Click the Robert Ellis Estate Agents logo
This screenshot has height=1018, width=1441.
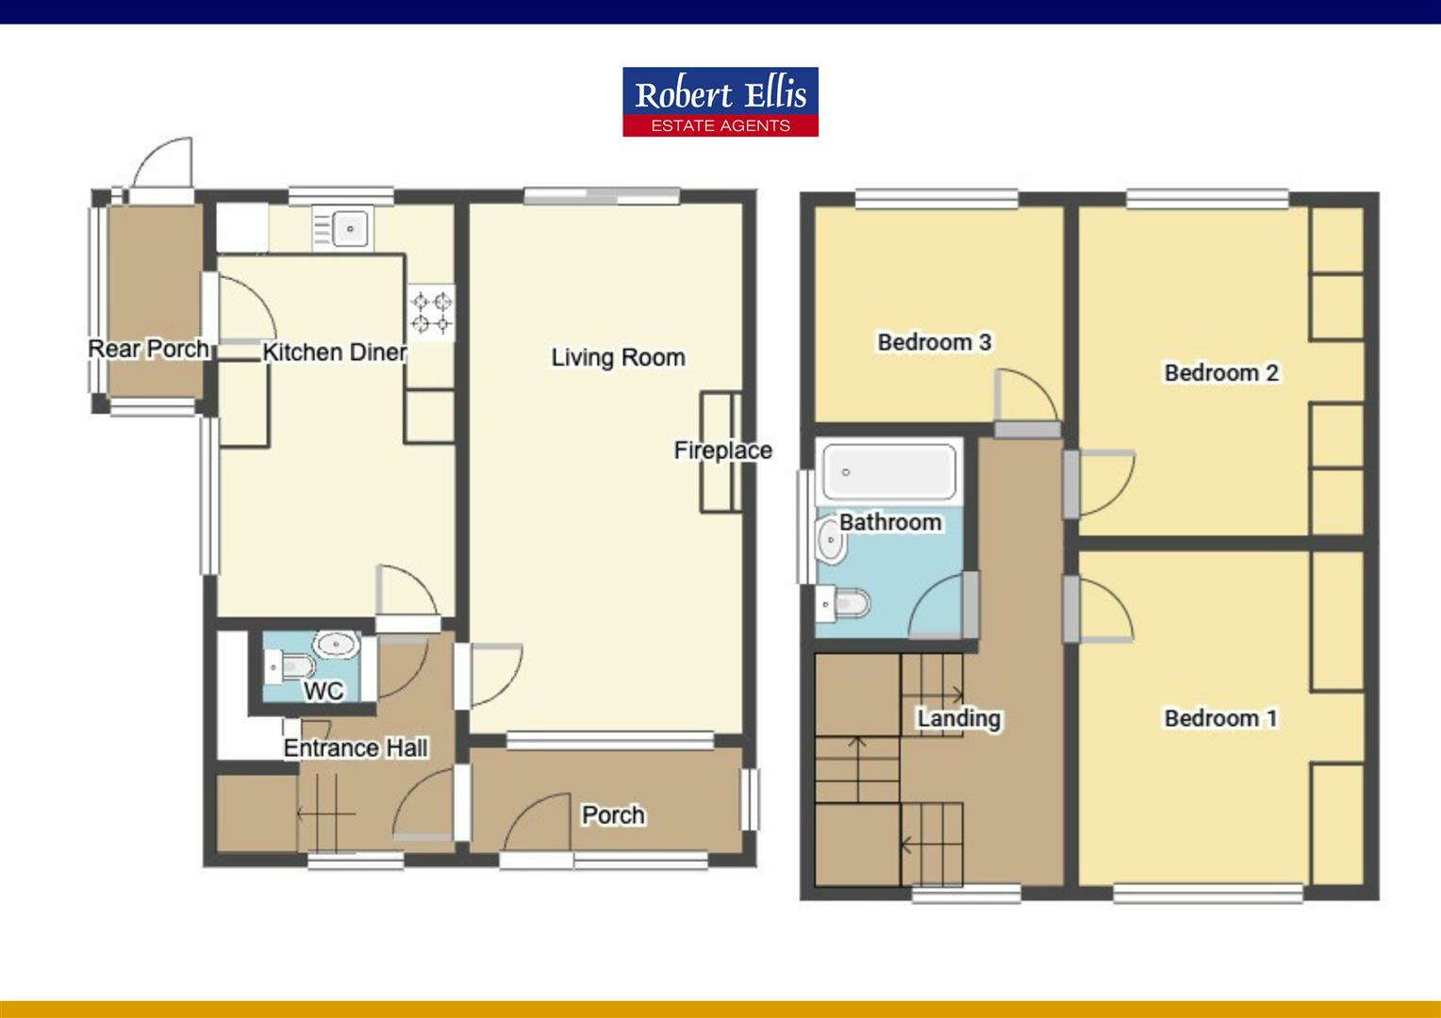tap(720, 102)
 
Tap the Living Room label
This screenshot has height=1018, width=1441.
tap(618, 357)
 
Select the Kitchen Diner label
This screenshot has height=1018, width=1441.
tap(334, 353)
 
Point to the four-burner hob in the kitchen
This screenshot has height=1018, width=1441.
tap(431, 313)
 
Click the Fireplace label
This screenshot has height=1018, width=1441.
tap(722, 451)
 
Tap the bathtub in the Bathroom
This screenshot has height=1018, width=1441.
tap(886, 472)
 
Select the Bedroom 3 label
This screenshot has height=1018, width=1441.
tap(934, 342)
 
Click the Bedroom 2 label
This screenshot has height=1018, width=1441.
tap(1221, 373)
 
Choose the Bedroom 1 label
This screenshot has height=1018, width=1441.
tap(1220, 718)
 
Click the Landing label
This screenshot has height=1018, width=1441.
tap(958, 718)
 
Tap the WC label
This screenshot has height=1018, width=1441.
tap(323, 692)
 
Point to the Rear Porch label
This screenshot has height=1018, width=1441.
tap(148, 349)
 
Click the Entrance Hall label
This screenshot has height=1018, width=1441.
tap(356, 748)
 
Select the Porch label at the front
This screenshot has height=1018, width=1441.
tap(613, 814)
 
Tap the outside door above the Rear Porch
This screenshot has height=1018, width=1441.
tap(162, 166)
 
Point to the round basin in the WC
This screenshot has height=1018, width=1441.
tap(334, 646)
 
